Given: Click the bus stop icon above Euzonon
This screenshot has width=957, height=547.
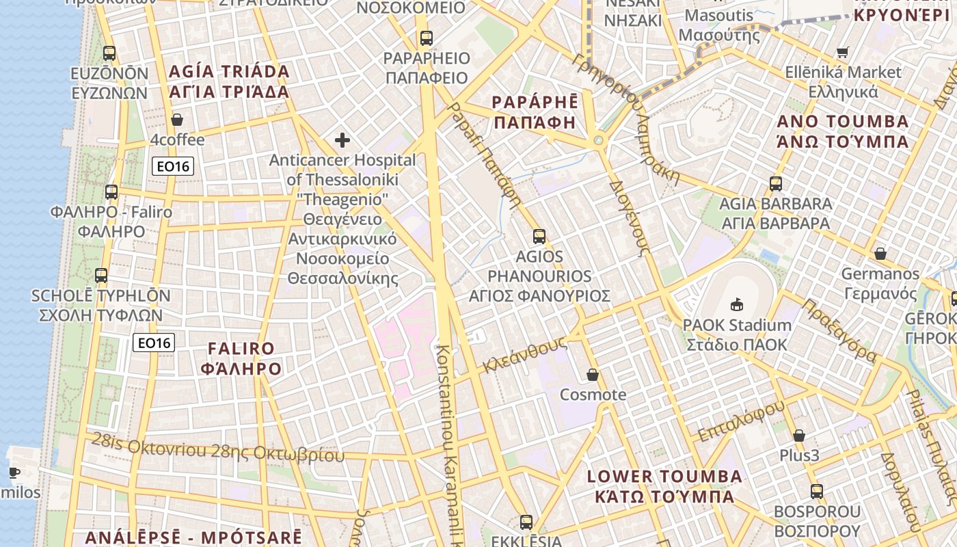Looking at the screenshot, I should (x=109, y=53).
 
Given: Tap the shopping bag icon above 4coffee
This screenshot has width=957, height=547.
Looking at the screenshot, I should (x=177, y=120).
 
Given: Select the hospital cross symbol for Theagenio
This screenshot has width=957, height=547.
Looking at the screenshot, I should (x=342, y=141).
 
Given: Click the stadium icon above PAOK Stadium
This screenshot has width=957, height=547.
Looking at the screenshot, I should (x=737, y=304).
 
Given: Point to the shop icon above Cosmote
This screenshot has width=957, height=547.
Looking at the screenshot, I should (x=593, y=375).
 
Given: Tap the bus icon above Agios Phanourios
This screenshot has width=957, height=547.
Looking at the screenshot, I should (x=539, y=237).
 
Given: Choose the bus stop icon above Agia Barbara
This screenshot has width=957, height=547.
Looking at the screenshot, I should (x=775, y=183).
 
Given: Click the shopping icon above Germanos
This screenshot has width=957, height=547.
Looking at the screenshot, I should (x=880, y=254).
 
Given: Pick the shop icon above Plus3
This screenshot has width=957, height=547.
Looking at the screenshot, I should (x=798, y=436).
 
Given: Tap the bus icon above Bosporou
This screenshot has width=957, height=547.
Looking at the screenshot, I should (x=816, y=491).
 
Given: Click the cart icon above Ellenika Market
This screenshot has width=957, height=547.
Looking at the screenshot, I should (x=843, y=52).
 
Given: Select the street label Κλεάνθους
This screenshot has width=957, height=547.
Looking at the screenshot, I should (x=525, y=353).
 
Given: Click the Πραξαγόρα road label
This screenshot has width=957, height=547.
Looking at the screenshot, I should (x=839, y=330).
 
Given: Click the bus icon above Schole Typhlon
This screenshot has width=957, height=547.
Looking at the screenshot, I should (x=101, y=276).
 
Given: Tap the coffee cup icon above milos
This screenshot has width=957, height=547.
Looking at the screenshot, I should (x=14, y=472).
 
